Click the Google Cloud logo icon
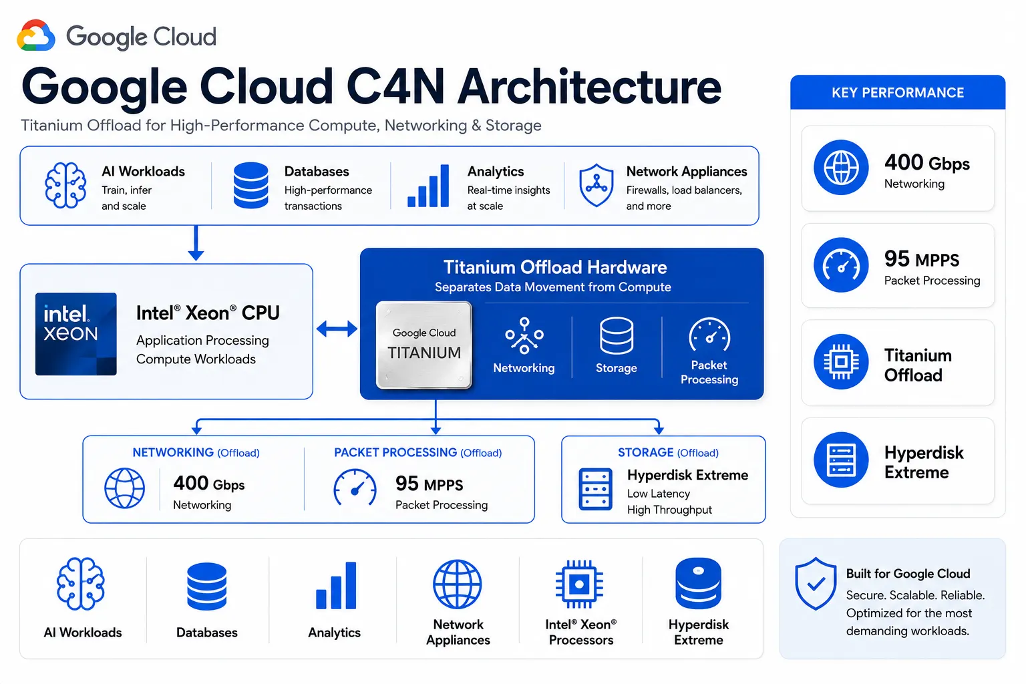coord(35,35)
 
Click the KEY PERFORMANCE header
coord(897,93)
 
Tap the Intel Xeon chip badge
coord(76,334)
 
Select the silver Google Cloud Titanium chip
coord(423,345)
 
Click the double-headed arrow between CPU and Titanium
coord(337,329)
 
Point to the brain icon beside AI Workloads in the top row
coord(65,185)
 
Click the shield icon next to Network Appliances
coord(596,185)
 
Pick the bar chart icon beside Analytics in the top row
coord(427,186)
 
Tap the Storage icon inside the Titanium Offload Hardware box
coord(617,336)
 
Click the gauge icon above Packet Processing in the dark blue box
coord(709,335)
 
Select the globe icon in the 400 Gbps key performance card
coord(841,167)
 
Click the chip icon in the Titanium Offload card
coord(841,362)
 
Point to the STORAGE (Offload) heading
coord(668,453)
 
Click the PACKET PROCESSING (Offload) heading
coord(417,453)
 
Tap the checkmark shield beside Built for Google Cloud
coord(816,583)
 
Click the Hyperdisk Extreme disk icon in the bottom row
coord(698,583)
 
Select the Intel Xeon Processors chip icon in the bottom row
coord(579,584)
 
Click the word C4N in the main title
coord(395,87)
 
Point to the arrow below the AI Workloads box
coord(196,243)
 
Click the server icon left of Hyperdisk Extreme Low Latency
coord(595,489)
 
